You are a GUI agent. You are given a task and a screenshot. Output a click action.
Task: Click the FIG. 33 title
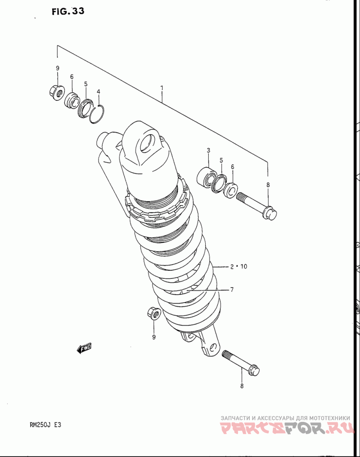point(68,11)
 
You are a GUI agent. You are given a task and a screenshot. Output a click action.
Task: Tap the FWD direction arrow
point(84,348)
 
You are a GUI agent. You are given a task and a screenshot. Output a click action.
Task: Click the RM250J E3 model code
point(44,425)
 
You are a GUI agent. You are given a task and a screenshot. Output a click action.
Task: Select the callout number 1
point(162,88)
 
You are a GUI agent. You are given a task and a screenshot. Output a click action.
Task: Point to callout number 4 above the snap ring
point(99,91)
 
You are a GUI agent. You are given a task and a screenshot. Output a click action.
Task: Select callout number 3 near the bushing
point(208,150)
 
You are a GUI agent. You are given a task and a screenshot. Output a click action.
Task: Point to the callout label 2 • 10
point(238,266)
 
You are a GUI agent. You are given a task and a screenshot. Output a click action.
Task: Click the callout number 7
point(232,290)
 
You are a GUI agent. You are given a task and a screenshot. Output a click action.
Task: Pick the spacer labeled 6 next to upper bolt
point(230,190)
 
